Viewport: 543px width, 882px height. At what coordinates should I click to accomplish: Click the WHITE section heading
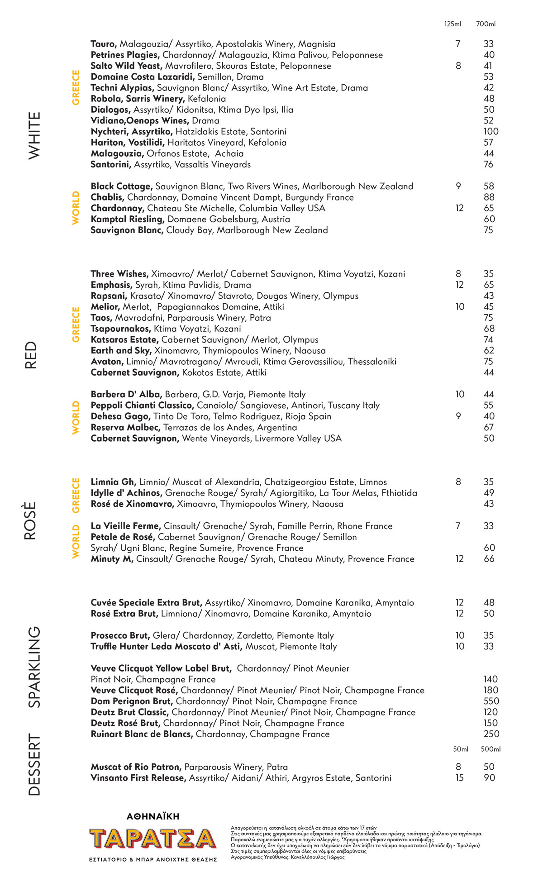point(34,135)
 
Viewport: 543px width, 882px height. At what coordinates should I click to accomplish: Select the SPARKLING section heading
point(34,667)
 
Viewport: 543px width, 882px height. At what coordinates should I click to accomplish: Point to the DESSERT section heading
point(34,764)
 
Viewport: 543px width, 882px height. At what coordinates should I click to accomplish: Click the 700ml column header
point(486,24)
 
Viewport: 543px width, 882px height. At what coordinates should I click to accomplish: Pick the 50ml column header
point(460,749)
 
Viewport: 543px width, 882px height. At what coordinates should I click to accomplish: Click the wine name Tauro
point(104,44)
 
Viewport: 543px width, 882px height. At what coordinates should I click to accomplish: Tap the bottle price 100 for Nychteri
point(491,132)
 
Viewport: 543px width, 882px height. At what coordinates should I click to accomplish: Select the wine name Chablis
point(107,197)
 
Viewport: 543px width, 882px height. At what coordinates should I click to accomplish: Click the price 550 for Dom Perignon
point(491,701)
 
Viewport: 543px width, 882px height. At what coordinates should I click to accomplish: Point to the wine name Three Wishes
point(119,274)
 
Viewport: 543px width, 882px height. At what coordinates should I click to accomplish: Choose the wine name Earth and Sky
point(121,351)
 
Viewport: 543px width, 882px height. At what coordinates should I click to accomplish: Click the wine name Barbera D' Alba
point(126,395)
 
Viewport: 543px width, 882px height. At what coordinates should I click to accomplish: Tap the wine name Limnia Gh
point(113,482)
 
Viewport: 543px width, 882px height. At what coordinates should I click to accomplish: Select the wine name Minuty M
point(112,559)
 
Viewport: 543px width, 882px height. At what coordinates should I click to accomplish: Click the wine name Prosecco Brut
point(120,636)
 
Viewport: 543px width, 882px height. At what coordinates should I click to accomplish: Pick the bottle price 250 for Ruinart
point(491,734)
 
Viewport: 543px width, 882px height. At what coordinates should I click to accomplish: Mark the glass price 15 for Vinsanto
point(459,778)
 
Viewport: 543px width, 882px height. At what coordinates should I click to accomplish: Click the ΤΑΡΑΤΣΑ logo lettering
point(152,839)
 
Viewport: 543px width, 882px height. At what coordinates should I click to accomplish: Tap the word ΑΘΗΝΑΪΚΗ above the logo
point(153,816)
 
